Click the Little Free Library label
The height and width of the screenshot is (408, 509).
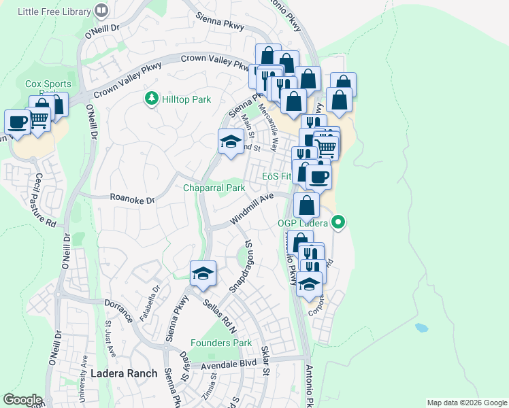point(54,11)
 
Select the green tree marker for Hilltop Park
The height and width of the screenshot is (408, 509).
point(151,99)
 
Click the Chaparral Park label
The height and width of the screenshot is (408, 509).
point(214,188)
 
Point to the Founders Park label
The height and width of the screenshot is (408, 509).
point(221,343)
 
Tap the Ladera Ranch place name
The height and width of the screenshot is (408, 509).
point(124,373)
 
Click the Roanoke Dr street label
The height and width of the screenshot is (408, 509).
point(132,199)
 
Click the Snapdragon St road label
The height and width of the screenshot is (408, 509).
point(241,266)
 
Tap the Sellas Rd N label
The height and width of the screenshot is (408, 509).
point(218,313)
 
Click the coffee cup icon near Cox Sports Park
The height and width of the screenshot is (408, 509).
point(17,122)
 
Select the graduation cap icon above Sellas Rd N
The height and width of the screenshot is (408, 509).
point(203,273)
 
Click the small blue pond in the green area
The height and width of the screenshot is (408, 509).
point(421,327)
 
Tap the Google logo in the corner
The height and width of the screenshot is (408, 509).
point(22,400)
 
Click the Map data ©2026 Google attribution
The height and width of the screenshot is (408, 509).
point(466,403)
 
